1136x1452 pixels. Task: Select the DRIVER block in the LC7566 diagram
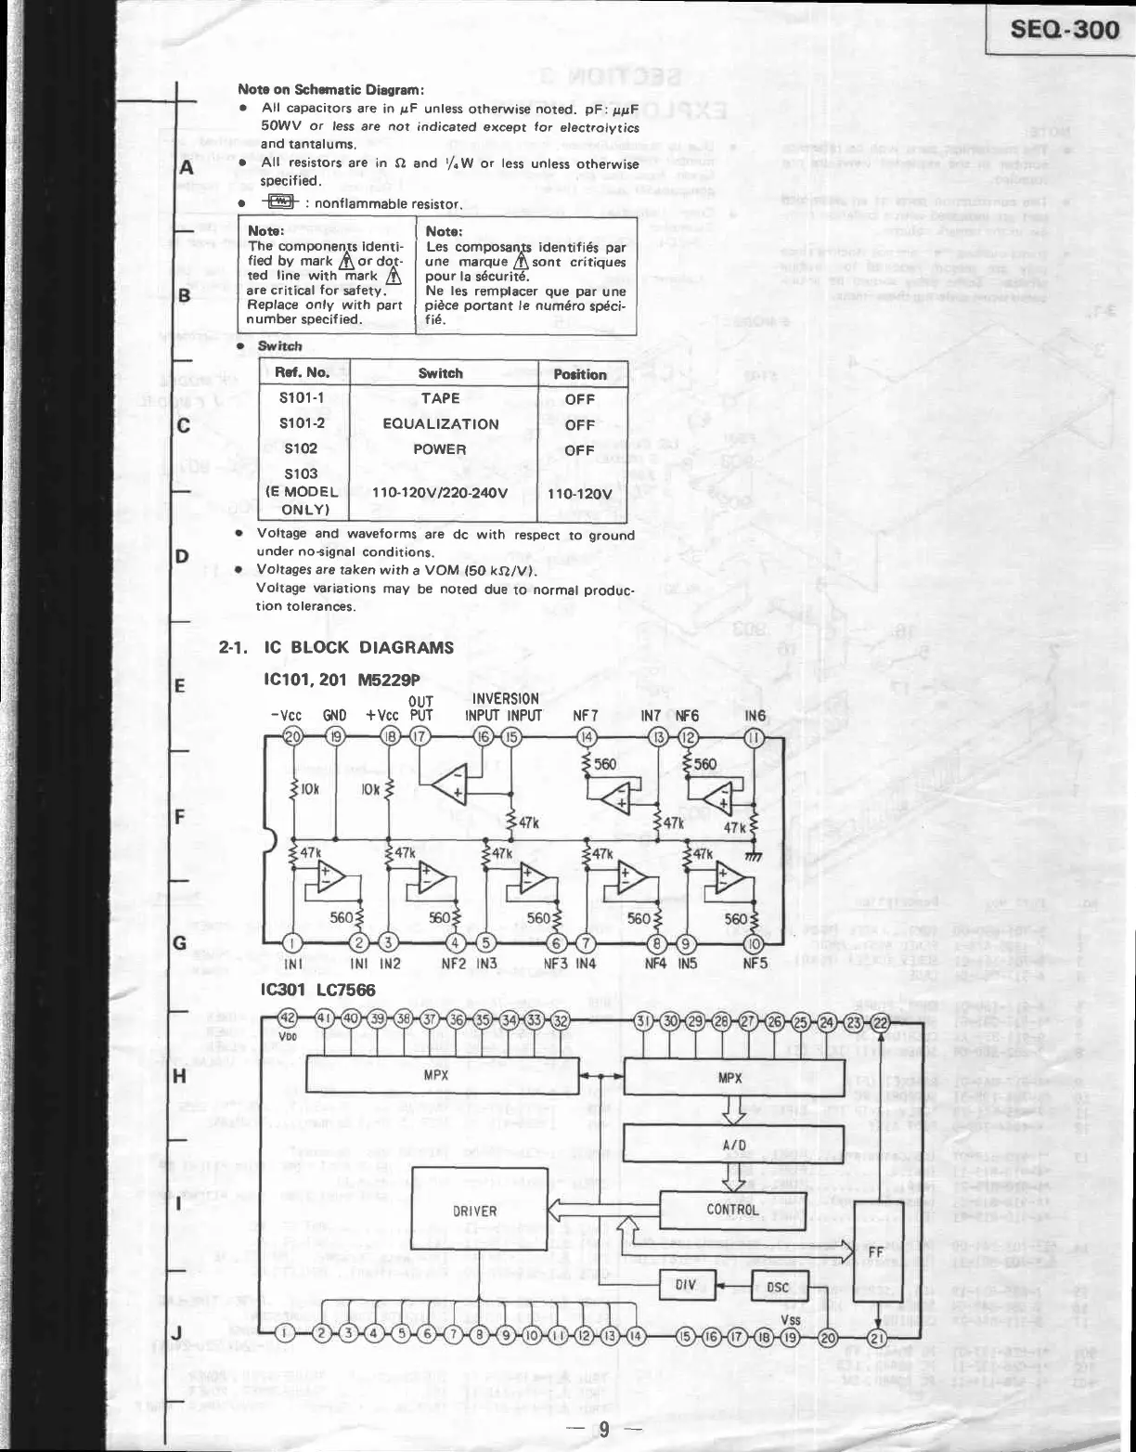[474, 1211]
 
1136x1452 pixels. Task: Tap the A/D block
[733, 1145]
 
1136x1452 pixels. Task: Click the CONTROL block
[732, 1210]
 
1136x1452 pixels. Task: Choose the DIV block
[686, 1286]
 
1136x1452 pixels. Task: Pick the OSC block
[778, 1287]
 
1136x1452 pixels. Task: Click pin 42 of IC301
[288, 1018]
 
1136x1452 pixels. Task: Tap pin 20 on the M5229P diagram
[292, 737]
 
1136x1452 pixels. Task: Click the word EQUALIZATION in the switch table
[440, 424]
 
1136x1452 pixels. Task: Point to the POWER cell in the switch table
[440, 449]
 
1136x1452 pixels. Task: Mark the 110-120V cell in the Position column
[580, 494]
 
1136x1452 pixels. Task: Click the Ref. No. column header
[303, 373]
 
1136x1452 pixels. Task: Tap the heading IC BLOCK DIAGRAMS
[358, 647]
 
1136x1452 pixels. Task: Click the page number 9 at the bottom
[603, 1429]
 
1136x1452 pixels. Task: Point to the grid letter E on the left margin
[181, 687]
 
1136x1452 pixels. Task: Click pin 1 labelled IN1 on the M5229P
[291, 943]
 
